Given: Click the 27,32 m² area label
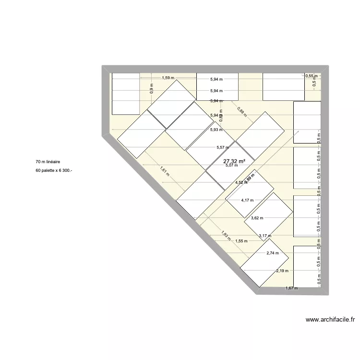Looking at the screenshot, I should pos(234,161).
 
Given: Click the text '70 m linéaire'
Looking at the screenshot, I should pos(48,163).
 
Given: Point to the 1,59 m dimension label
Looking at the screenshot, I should pos(168,78).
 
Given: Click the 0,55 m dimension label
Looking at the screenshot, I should pos(312,76).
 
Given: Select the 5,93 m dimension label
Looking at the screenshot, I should pos(216,130).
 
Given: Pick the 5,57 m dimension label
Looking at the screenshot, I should pos(222,147).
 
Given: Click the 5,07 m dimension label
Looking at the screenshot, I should pos(232,166).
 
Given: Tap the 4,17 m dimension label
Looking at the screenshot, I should pos(247,200).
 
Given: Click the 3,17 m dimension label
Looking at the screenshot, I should pos(265,236).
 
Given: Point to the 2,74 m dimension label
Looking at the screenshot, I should pos(273,253).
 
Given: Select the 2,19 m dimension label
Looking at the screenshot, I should pos(282,271).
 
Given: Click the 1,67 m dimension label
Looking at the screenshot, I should pos(291,288).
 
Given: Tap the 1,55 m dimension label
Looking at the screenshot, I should pos(241,241).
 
